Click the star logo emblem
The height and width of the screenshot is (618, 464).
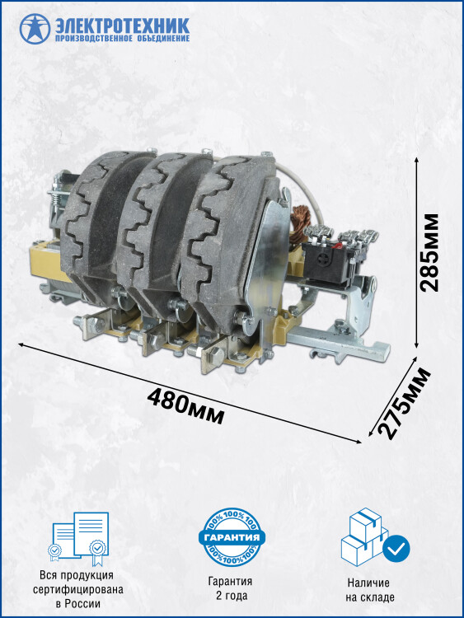coord(35,28)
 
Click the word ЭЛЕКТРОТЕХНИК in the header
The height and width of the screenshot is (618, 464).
coord(122,26)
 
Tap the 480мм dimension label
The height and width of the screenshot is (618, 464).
coord(186,405)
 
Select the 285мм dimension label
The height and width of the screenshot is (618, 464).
coord(429,253)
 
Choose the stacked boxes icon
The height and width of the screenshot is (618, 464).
coord(365,536)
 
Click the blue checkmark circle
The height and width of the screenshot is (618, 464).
coord(396,548)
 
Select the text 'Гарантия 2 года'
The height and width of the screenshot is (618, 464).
coord(230,588)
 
